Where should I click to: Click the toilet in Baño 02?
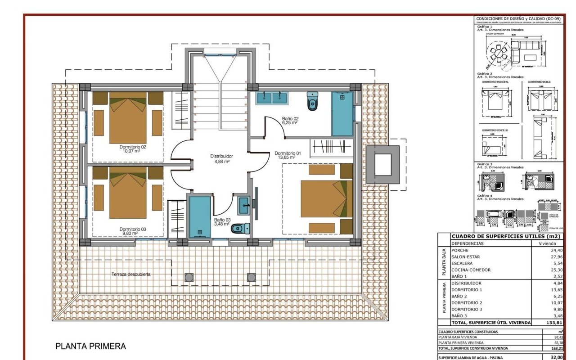(x=312, y=102)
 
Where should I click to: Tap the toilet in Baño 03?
(x=239, y=229)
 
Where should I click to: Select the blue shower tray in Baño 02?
(x=342, y=114)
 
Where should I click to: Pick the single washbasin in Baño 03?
(x=243, y=205)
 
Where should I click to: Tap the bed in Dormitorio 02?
(x=128, y=118)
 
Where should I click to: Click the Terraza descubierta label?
(x=131, y=274)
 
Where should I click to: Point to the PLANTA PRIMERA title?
(x=90, y=346)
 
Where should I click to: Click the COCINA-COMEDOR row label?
(x=471, y=270)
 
